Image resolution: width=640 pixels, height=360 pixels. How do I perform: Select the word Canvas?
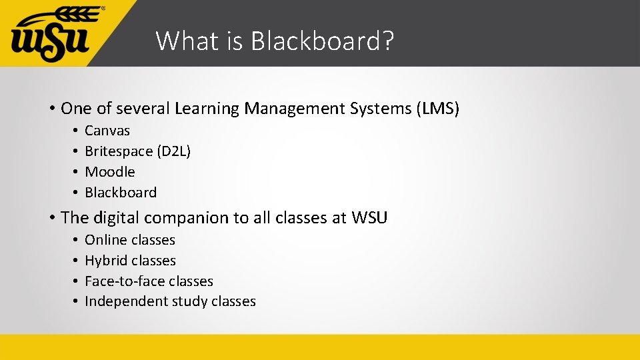(107, 131)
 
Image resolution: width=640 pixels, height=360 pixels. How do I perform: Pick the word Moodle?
(110, 172)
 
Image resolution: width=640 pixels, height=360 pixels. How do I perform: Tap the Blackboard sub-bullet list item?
(121, 193)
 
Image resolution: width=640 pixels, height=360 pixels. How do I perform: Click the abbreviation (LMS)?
(437, 108)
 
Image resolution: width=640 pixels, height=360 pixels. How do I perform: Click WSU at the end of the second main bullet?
(369, 217)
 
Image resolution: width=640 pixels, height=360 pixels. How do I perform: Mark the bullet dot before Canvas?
(77, 131)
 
